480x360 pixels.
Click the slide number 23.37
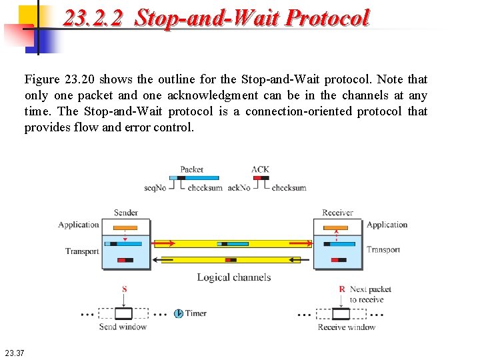(14, 352)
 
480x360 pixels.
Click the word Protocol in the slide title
(327, 18)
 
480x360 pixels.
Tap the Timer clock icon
(179, 313)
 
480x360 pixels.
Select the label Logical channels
(233, 277)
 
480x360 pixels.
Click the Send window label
(123, 327)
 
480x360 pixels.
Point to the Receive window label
(347, 327)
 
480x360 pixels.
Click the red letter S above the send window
(125, 289)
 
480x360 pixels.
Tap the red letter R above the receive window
(342, 289)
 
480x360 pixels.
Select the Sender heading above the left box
(126, 213)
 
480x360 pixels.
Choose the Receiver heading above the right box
(337, 213)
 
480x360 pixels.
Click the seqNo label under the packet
(155, 188)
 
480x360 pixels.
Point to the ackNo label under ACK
(239, 188)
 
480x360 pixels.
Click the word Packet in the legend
(192, 169)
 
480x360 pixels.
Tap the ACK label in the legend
(260, 169)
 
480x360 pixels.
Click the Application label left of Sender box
(79, 225)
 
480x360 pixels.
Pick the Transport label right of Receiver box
(383, 250)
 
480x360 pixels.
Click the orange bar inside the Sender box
(125, 228)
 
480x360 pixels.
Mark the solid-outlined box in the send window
(123, 313)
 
